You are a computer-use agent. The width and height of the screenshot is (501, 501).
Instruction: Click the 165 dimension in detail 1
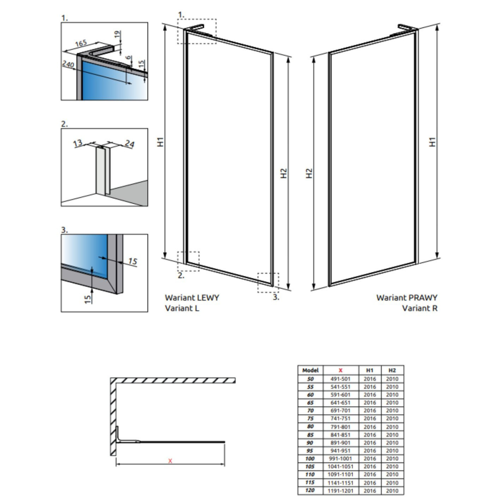[81, 43]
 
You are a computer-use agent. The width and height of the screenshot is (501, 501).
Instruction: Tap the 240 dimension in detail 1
[68, 64]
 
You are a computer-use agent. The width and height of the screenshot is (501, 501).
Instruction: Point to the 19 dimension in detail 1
[117, 34]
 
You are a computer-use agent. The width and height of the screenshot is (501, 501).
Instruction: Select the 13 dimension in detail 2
[78, 143]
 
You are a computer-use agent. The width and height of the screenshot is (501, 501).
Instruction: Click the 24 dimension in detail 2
[129, 144]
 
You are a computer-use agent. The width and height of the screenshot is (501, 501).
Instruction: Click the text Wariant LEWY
[192, 298]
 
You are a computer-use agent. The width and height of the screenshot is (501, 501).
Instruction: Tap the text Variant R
[420, 308]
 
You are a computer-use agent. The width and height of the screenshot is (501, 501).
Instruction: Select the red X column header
[341, 370]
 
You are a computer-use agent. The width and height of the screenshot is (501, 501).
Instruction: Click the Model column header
[310, 370]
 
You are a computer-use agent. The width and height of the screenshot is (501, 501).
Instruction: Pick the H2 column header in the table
[392, 370]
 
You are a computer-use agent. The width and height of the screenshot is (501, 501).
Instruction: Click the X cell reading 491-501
[341, 379]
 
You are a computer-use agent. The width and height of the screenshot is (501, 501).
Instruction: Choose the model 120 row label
[310, 490]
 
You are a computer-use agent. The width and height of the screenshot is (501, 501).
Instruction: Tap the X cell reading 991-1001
[341, 458]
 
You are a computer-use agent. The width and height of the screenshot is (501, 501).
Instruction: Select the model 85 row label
[310, 434]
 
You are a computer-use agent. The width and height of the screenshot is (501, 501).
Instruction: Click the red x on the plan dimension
[170, 461]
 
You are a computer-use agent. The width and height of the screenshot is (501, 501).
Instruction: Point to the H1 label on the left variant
[160, 142]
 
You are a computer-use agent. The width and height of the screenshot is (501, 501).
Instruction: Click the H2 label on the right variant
[309, 173]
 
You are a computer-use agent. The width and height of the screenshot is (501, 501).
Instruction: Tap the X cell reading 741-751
[341, 419]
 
